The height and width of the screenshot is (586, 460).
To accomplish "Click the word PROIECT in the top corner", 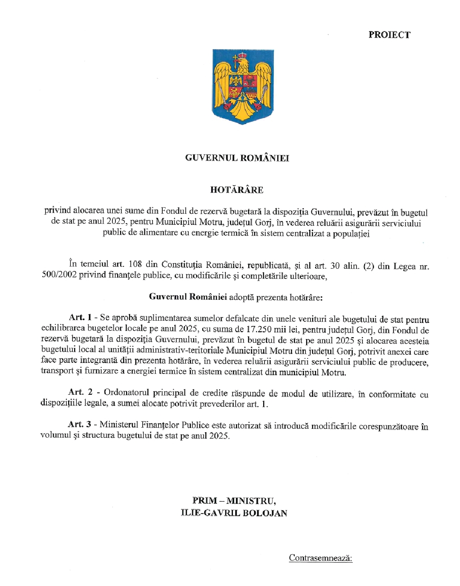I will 389,35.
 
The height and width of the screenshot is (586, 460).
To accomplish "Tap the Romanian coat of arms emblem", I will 243,86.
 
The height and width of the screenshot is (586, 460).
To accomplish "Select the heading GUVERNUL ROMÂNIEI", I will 237,158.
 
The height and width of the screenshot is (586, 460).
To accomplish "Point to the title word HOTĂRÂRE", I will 237,190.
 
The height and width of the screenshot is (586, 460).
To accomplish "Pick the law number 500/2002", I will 59,275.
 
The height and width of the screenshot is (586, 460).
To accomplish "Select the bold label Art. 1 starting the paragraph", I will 80,317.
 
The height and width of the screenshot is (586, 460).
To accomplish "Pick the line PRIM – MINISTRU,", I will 234,501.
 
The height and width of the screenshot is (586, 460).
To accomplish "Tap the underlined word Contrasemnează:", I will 320,558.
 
